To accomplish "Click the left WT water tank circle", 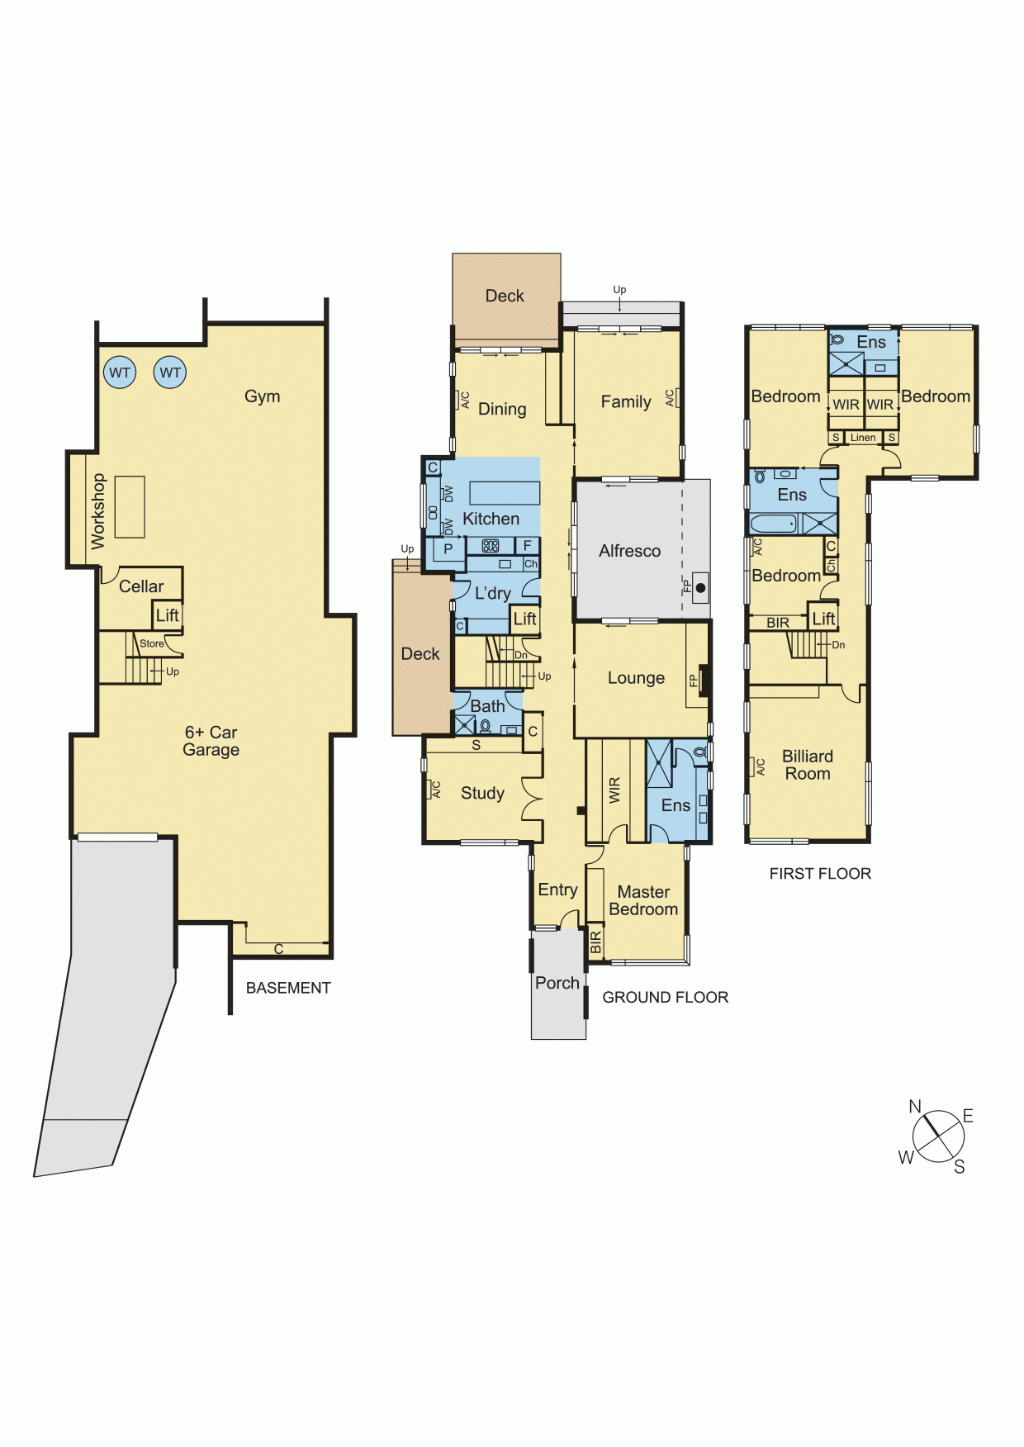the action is [x=120, y=372].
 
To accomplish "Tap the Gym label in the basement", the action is [x=263, y=396].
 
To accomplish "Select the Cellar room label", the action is [x=141, y=586].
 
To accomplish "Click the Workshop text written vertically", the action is [x=98, y=511].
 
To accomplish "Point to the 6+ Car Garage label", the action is [x=211, y=741].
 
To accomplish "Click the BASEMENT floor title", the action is [x=288, y=988].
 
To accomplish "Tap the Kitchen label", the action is [x=491, y=519].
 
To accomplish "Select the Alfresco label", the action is [x=630, y=551].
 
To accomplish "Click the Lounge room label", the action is [x=636, y=678].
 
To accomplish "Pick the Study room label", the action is [x=482, y=793].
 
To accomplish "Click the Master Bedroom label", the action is [x=643, y=900].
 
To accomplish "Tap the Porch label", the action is [x=557, y=983].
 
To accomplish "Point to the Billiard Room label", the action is [x=808, y=765].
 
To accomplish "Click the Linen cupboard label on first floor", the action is [x=863, y=438].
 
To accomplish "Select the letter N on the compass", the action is [x=915, y=1107].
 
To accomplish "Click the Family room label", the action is [x=626, y=402].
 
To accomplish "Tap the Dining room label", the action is [x=502, y=409].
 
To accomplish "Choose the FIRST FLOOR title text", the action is [x=820, y=874].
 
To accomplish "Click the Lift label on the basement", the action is [x=168, y=615].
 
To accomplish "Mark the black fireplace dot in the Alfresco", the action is [x=701, y=588].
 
